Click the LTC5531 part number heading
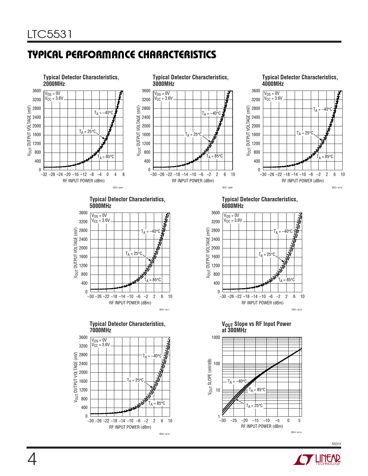pos(50,35)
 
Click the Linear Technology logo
pos(317,460)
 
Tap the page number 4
pos(32,460)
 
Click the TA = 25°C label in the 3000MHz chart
pos(193,134)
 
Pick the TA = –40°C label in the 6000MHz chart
pos(283,231)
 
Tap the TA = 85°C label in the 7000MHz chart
pos(157,403)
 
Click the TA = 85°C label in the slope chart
pos(257,390)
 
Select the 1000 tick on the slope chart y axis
pos(216,338)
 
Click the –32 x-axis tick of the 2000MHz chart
pos(44,175)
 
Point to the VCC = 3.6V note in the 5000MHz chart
pos(100,221)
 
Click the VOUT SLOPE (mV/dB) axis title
pos(210,377)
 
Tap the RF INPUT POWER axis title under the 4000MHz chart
pos(302,181)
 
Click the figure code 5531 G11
pos(164,310)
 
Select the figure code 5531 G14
pos(296,432)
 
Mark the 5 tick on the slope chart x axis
pos(299,421)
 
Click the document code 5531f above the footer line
pos(336,444)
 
